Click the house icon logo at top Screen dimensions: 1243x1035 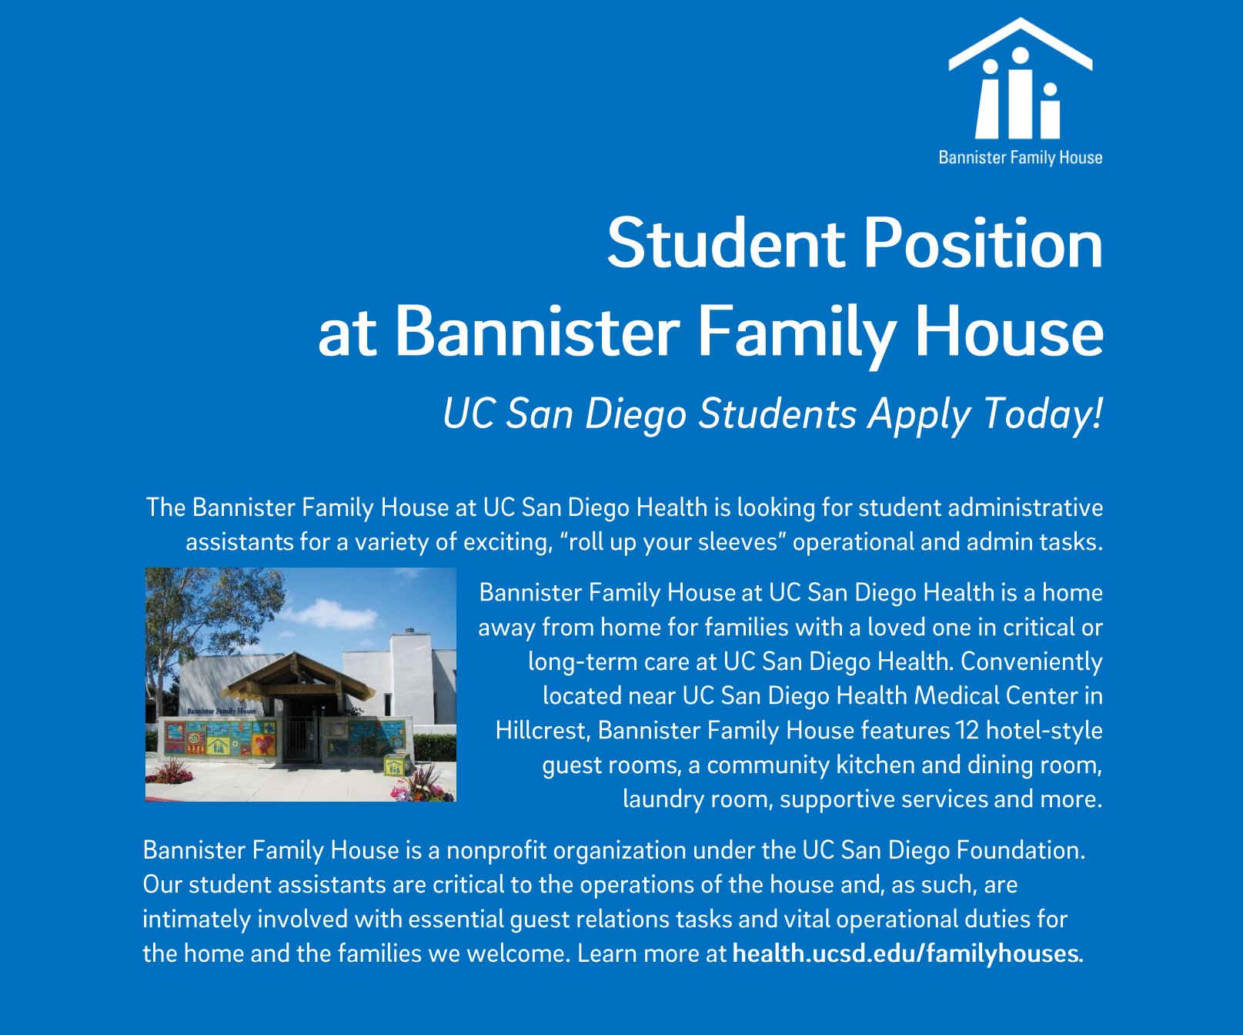click(1021, 79)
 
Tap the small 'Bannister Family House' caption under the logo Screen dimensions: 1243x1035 click(1021, 158)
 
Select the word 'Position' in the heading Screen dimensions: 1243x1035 click(984, 243)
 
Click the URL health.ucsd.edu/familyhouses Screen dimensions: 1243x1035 click(907, 953)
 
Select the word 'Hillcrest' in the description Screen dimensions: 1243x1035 click(542, 730)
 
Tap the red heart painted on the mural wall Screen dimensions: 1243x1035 click(264, 745)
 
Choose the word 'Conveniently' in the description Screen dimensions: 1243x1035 click(1031, 662)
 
